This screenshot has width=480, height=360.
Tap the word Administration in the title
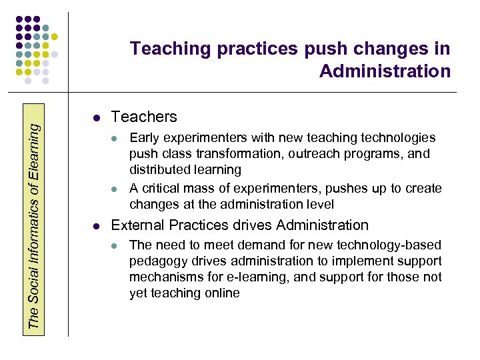[x=385, y=71]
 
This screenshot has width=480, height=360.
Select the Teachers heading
[x=144, y=117]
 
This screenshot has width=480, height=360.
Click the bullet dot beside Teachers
[x=97, y=118]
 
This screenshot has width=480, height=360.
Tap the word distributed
[x=157, y=170]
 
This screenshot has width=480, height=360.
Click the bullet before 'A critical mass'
[x=115, y=189]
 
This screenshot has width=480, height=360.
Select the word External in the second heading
[x=137, y=225]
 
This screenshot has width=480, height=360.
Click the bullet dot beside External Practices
[x=97, y=226]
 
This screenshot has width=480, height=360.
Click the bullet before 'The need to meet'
[x=115, y=245]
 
